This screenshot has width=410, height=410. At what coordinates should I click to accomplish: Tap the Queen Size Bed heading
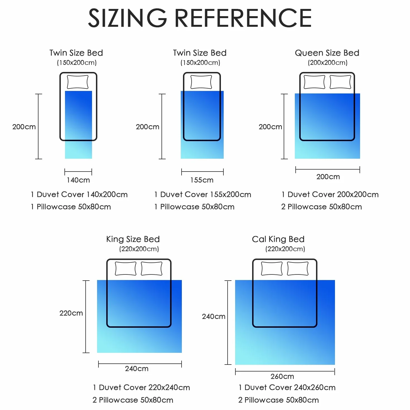coord(327,53)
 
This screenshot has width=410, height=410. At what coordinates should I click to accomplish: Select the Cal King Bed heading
coord(278,239)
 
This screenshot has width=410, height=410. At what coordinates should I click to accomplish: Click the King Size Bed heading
coord(133,239)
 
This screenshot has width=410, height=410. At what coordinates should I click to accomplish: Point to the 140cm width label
coord(78,180)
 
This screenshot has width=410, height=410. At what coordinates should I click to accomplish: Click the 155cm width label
coord(202,180)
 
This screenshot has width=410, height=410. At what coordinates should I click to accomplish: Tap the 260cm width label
coord(282,376)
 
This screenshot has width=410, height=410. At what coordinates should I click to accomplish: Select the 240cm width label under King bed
coord(137,368)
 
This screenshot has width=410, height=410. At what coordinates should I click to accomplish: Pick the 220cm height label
coord(71,313)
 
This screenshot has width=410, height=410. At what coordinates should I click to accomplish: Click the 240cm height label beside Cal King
coord(214,316)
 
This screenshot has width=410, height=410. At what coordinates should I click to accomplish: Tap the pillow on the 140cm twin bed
coord(78,82)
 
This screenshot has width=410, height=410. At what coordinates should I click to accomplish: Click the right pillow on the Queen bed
coord(340,82)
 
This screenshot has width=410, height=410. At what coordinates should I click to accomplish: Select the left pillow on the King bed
coord(126,269)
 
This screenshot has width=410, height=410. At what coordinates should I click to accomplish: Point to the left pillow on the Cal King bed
coord(272,269)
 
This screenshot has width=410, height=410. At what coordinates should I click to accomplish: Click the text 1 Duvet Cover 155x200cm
coord(202,194)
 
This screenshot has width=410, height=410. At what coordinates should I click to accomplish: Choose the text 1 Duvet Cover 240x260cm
coord(287,387)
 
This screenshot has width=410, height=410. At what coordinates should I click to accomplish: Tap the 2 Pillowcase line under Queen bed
coord(322,207)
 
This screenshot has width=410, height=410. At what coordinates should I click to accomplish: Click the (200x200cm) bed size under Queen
coord(328,62)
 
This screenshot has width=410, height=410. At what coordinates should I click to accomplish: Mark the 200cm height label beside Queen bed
coord(270,127)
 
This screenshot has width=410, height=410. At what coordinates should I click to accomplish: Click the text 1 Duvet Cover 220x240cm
coord(141,387)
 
